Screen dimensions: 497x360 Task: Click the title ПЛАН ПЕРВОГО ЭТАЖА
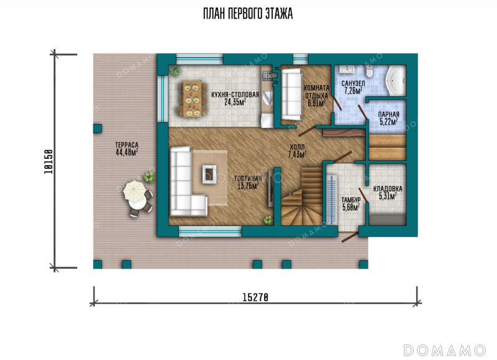click(x=248, y=14)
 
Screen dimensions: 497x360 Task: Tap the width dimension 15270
click(x=255, y=298)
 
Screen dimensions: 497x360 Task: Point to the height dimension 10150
click(x=48, y=161)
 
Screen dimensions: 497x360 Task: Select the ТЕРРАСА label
click(x=127, y=145)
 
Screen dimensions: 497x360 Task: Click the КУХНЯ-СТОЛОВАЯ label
click(x=235, y=95)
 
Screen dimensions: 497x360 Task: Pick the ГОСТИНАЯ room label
click(x=248, y=179)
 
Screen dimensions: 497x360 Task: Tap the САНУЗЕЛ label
click(x=353, y=84)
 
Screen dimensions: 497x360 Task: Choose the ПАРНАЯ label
click(x=389, y=114)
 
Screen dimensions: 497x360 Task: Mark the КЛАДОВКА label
click(x=388, y=189)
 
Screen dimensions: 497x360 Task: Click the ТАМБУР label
click(x=351, y=200)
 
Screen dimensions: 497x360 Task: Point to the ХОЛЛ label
click(x=297, y=147)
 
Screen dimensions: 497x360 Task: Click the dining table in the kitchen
click(x=192, y=99)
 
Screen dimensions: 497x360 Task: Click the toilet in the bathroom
click(x=369, y=71)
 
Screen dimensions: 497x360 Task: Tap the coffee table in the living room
click(x=209, y=174)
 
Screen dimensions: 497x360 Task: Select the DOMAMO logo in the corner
click(x=444, y=350)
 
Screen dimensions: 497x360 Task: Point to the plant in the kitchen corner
click(x=175, y=70)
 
